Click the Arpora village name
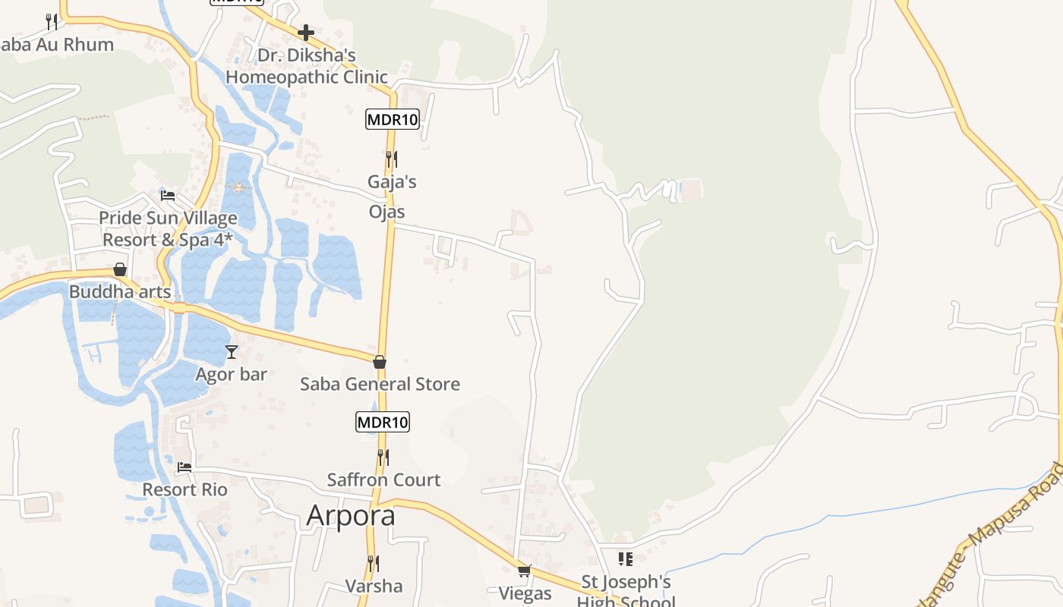coord(351,515)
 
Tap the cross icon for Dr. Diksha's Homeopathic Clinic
coord(306,33)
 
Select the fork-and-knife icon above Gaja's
coord(392,159)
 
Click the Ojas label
coord(387,212)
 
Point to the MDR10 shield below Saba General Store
coord(383,422)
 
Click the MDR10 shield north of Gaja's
coord(393,119)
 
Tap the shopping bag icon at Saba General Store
coord(380,362)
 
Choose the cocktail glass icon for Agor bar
coord(232,351)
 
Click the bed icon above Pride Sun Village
coord(168,196)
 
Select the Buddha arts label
coord(120,292)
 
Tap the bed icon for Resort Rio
coord(184,467)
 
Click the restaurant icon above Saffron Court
coord(383,458)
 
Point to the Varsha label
coord(374,586)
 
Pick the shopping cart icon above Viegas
coord(524,571)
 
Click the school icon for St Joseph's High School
coord(626,559)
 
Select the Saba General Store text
coord(380,384)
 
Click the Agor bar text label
coord(232,374)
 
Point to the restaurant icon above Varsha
coord(374,564)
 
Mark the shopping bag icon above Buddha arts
coord(120,269)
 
